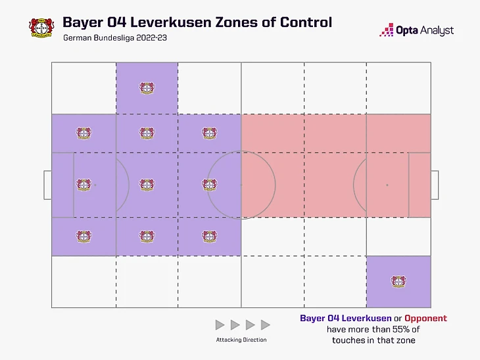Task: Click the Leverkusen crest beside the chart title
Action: [x=39, y=26]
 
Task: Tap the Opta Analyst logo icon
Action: [x=387, y=30]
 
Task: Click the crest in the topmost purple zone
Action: [x=147, y=88]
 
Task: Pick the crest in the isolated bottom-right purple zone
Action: [x=398, y=281]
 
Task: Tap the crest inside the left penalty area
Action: [x=83, y=185]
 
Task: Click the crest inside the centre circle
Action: [x=209, y=185]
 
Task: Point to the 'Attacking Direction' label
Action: [x=241, y=340]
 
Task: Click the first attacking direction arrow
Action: [x=220, y=325]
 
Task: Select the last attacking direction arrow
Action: [x=266, y=325]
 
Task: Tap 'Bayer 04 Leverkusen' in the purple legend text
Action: [x=341, y=318]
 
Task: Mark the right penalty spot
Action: [x=387, y=185]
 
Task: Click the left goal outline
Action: [x=47, y=185]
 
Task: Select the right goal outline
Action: [x=435, y=185]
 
